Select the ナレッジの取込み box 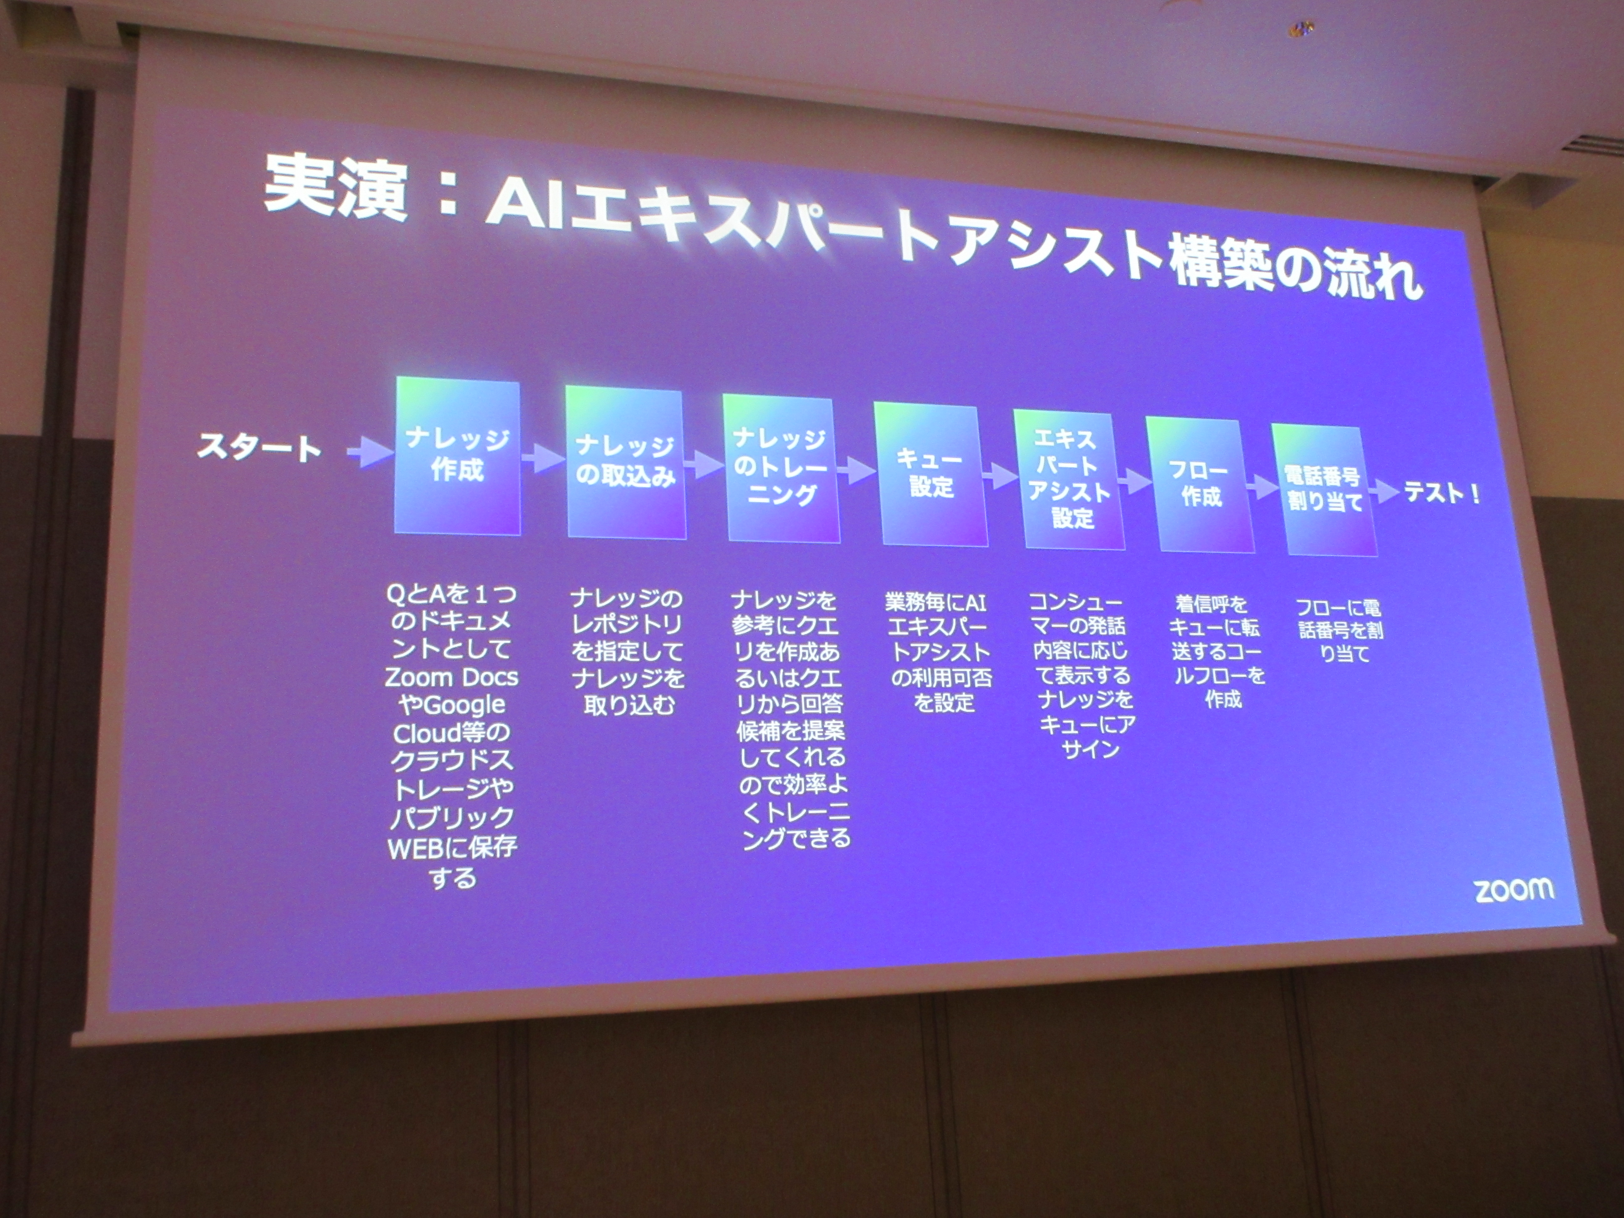(x=626, y=462)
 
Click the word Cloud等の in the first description (x=451, y=733)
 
